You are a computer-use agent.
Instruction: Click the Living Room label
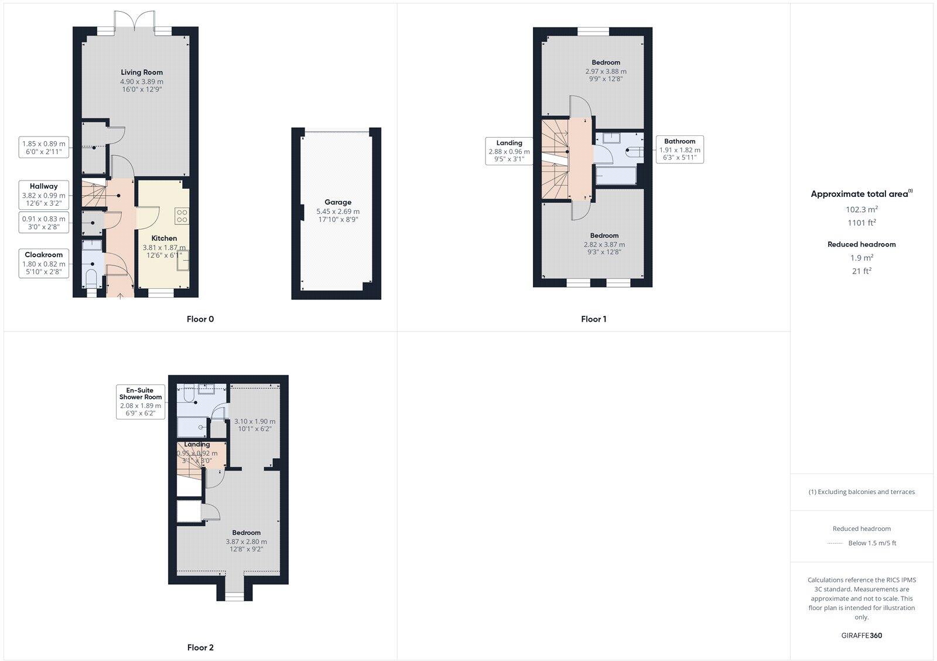[142, 73]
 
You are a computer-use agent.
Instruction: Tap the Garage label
[338, 202]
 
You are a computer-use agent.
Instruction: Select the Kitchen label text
[164, 238]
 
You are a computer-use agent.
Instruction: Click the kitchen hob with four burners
[182, 216]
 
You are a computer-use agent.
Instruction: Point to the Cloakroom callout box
[44, 263]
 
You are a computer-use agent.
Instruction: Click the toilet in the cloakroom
[91, 277]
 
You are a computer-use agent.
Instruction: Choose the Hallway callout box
[44, 195]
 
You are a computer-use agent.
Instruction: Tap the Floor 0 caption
[200, 319]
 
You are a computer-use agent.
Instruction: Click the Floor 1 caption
[593, 319]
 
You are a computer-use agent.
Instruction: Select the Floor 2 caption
[200, 648]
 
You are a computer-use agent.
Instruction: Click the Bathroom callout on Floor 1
[679, 149]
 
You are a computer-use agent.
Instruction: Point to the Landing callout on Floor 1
[509, 151]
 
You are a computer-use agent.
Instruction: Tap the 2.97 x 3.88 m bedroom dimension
[606, 71]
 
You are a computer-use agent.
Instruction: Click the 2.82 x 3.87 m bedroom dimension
[604, 244]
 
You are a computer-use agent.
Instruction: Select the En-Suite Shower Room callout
[141, 401]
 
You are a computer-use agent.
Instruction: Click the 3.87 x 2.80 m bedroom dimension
[246, 542]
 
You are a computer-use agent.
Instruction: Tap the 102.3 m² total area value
[861, 209]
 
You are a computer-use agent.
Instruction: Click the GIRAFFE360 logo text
[861, 635]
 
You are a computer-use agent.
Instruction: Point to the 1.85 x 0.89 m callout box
[44, 147]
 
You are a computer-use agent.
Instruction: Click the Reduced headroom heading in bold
[861, 244]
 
